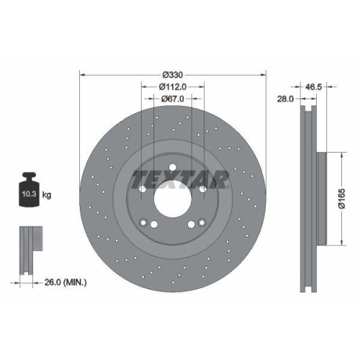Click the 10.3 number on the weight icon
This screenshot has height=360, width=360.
coord(30,194)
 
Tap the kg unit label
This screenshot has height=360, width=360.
coord(47,194)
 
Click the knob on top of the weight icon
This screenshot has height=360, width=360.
coord(30,176)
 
